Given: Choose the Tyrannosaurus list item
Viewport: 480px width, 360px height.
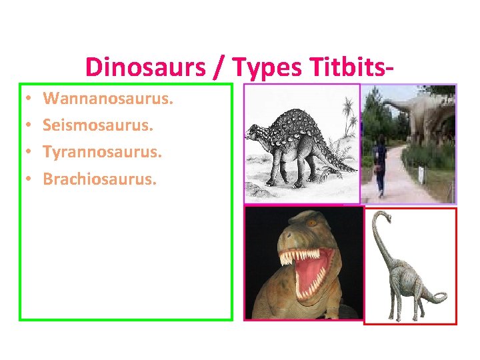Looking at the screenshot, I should pos(103,151).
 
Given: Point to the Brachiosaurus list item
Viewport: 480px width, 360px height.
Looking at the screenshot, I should pos(99,178).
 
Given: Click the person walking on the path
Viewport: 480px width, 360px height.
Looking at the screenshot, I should pos(381,163).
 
